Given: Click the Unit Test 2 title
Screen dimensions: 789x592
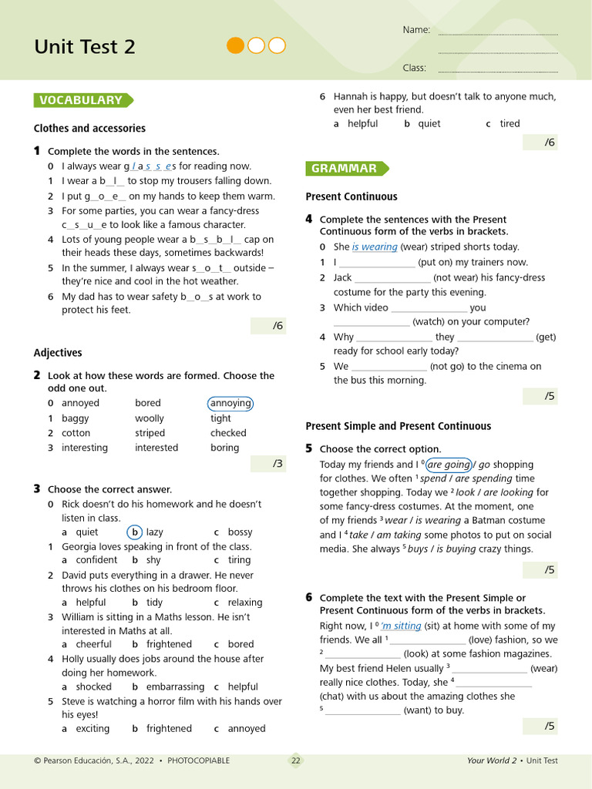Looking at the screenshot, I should click(85, 47).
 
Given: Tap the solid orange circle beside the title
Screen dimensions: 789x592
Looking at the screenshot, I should click(235, 45).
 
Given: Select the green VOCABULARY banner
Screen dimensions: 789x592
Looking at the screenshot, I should click(82, 100).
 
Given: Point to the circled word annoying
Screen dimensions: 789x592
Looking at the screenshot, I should click(230, 403).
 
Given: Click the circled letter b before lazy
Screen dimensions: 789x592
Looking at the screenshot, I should click(134, 532).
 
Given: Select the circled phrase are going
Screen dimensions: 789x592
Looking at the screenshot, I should click(449, 465).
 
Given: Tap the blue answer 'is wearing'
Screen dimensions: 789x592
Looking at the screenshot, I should click(375, 247).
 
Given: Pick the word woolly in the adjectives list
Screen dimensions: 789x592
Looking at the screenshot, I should click(150, 418).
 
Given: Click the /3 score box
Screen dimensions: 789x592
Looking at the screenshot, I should click(267, 464).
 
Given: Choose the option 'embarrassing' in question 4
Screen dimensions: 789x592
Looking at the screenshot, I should click(175, 687).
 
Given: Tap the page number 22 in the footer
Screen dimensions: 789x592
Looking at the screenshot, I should click(296, 760).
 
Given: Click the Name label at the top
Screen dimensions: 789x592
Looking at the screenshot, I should click(416, 30).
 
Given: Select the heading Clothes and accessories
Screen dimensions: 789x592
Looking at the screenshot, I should click(89, 128).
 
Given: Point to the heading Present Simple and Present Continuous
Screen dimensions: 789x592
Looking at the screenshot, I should click(398, 426).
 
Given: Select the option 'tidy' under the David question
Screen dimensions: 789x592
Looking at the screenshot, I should click(154, 603).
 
